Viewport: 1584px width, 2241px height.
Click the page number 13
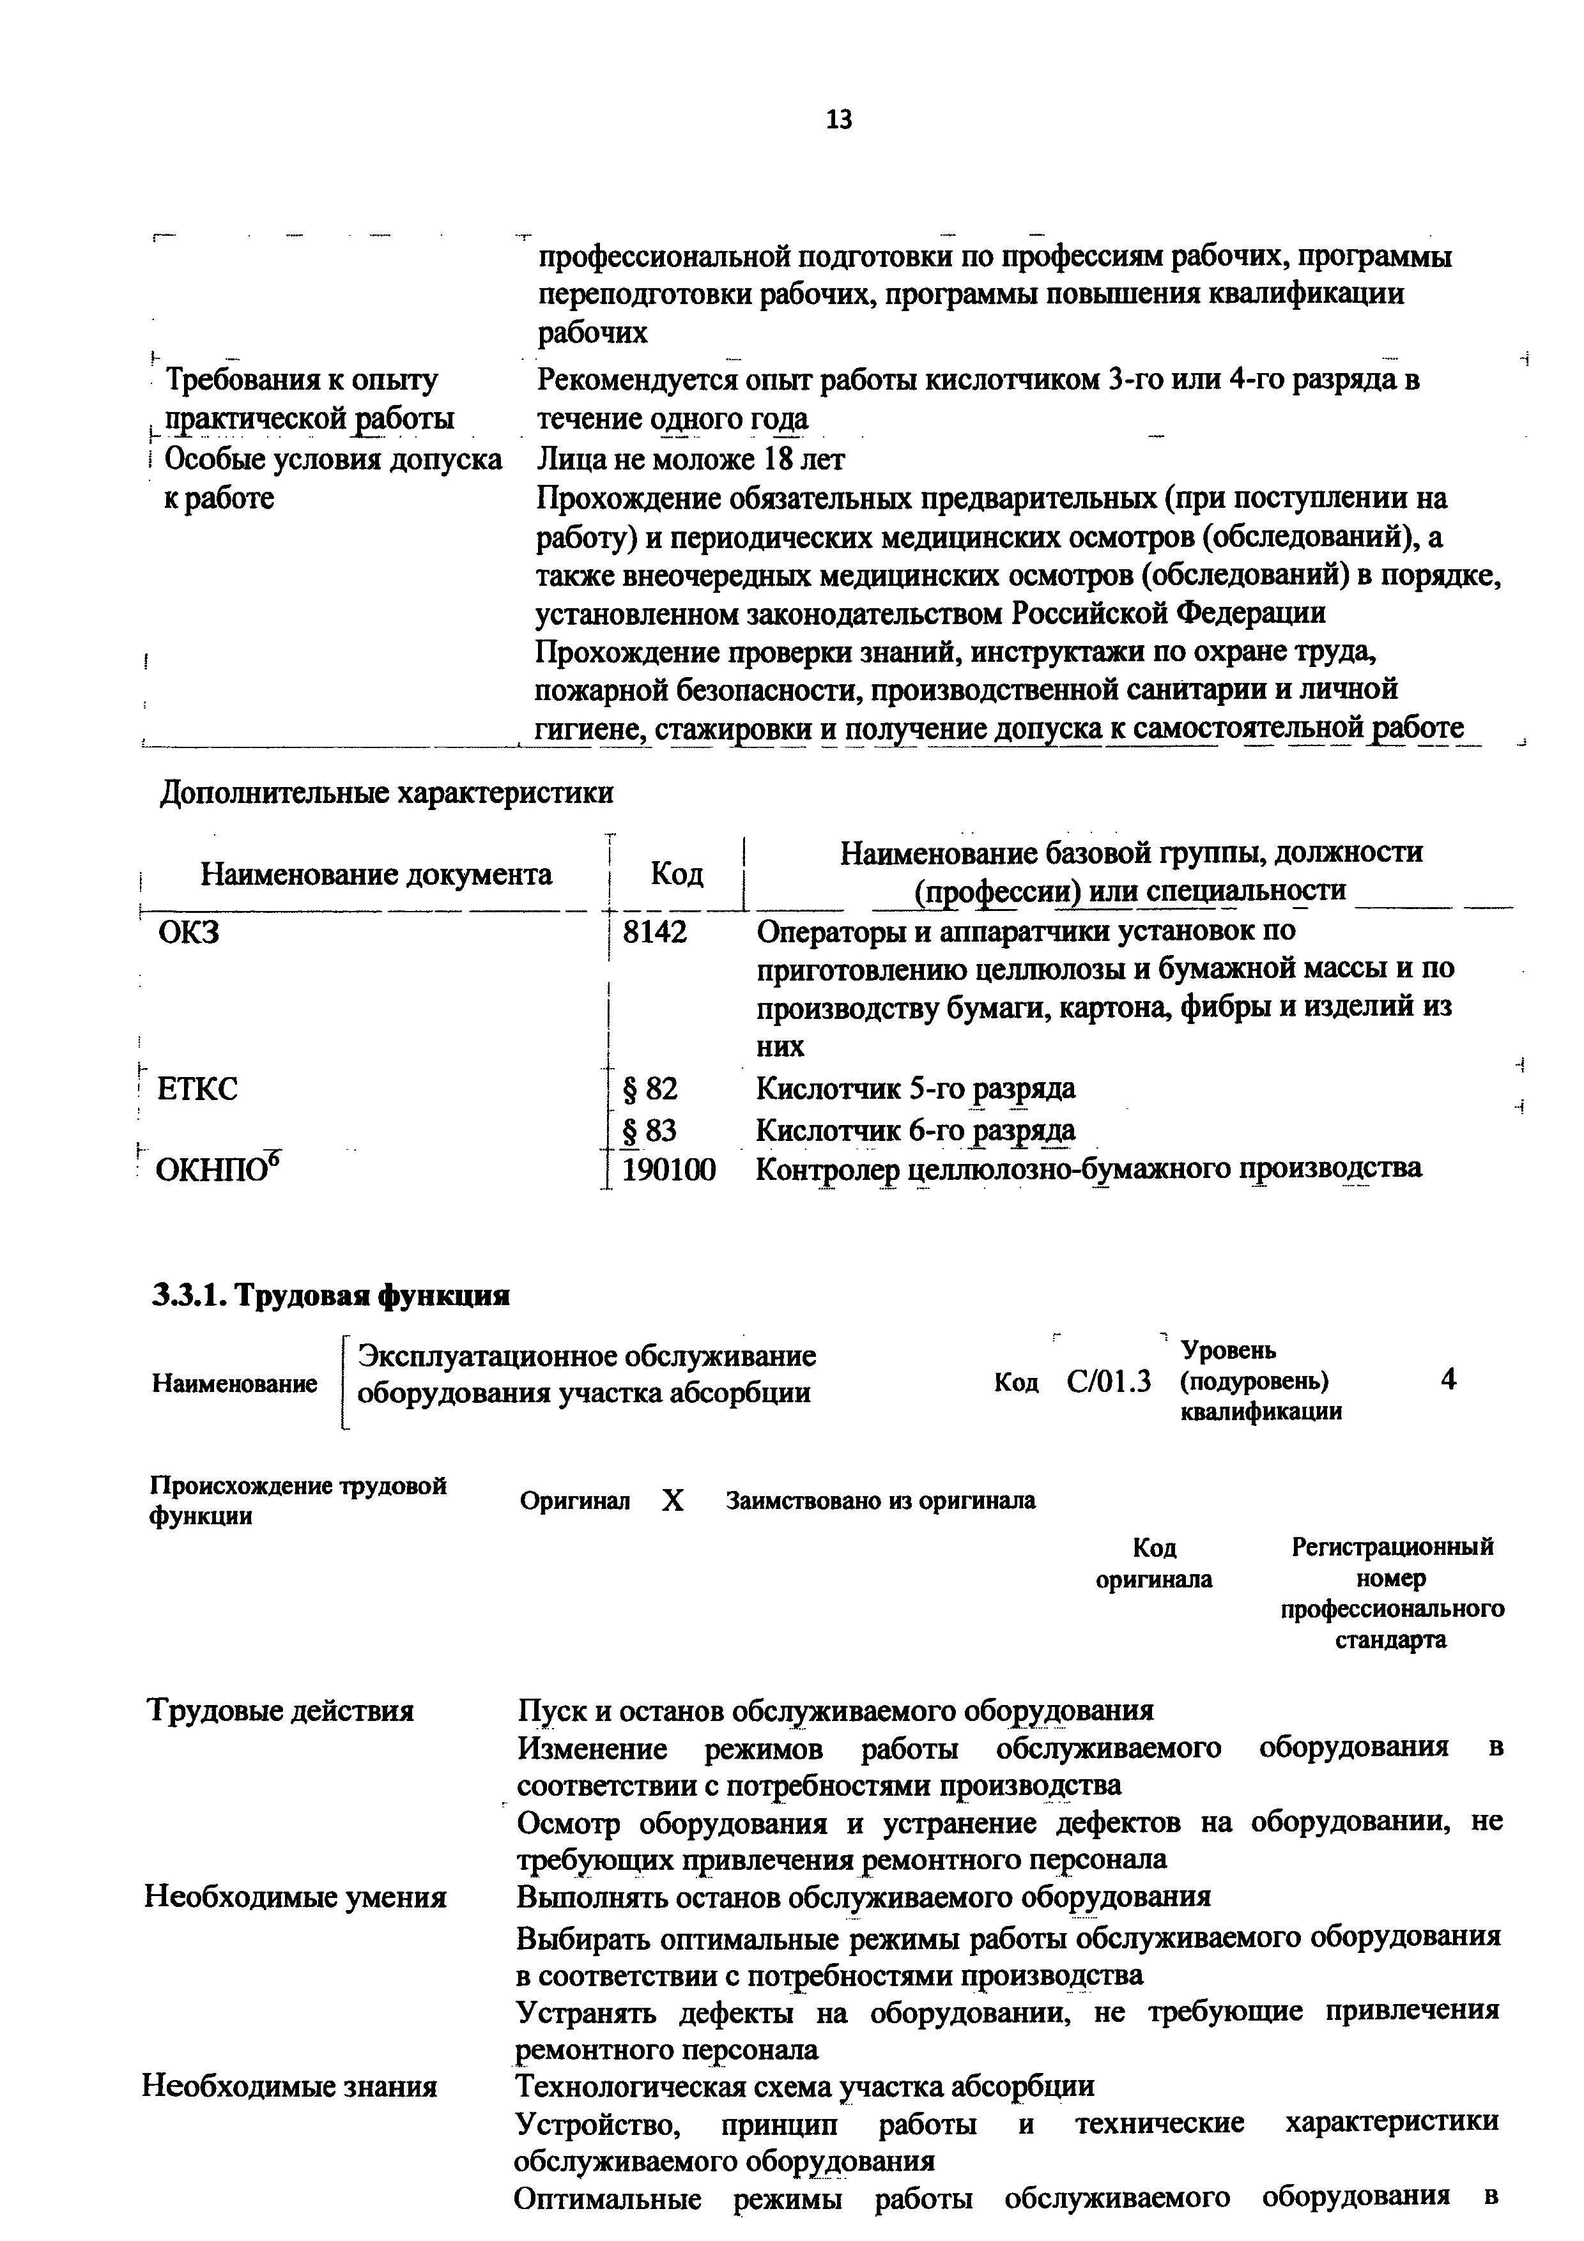(838, 120)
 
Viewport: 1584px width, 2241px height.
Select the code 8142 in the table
(655, 932)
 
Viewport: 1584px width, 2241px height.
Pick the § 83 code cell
(650, 1130)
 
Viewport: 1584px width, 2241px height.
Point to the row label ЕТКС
(197, 1089)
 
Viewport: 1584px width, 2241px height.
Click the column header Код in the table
(677, 873)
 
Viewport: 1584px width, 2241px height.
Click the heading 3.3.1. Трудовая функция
(331, 1295)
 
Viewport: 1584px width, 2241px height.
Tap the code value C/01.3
(1109, 1382)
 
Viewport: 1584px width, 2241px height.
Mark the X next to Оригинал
(672, 1500)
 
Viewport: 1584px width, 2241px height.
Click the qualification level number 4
(1449, 1379)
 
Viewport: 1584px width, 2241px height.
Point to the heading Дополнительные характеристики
(387, 793)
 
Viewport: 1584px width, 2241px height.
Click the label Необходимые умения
(296, 1897)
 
